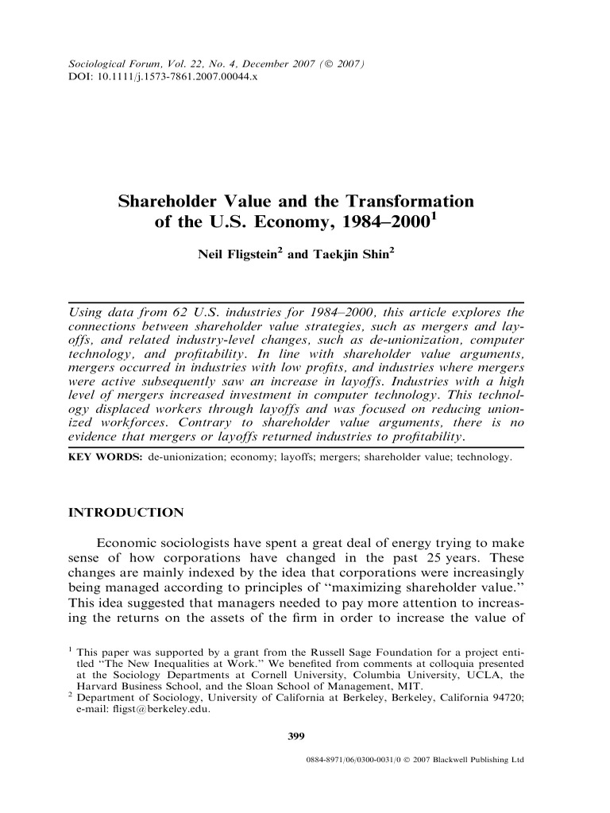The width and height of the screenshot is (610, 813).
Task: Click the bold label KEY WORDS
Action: coord(102,459)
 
